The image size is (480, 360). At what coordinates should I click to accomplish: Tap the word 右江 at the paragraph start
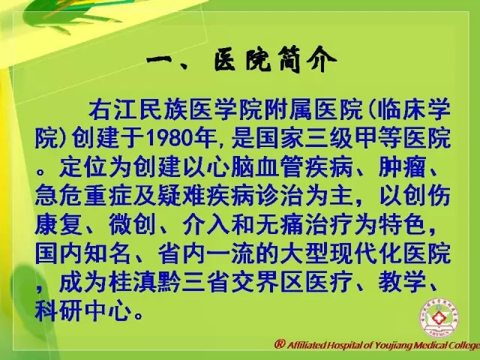click(113, 109)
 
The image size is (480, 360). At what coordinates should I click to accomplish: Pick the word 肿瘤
click(402, 167)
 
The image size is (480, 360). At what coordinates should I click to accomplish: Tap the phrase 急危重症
click(83, 196)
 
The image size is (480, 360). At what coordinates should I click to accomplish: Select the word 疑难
click(181, 196)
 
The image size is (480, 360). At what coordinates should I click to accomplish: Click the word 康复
click(58, 225)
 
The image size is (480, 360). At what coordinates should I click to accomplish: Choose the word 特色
click(402, 225)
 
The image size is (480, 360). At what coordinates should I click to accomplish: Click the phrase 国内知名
click(83, 253)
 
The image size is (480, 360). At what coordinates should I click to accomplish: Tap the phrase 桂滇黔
click(145, 282)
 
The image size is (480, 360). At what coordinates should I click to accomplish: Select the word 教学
click(402, 282)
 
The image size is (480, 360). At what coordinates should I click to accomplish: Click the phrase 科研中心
click(83, 311)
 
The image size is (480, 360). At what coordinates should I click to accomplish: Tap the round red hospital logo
click(439, 318)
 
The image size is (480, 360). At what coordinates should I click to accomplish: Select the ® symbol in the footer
click(280, 344)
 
